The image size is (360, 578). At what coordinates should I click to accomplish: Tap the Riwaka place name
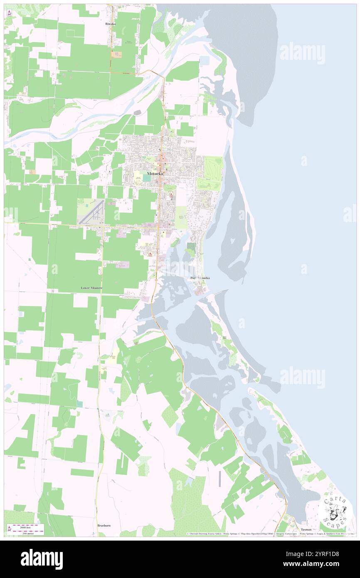click(110, 24)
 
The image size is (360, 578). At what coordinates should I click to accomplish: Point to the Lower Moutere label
click(91, 288)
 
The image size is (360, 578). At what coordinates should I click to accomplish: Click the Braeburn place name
click(104, 525)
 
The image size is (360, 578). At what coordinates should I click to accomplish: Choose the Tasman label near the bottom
click(306, 529)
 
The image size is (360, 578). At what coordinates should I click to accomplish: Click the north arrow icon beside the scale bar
click(9, 529)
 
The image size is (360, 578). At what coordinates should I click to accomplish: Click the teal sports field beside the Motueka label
click(147, 178)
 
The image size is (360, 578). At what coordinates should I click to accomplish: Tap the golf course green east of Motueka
click(213, 166)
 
